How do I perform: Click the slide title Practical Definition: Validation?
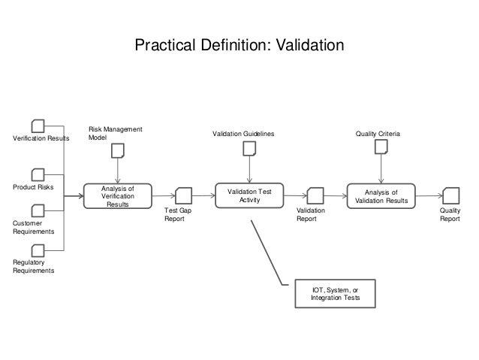[x=239, y=46]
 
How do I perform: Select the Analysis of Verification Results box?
[x=116, y=196]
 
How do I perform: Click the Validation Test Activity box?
[x=249, y=196]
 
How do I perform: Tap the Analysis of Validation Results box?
[x=381, y=196]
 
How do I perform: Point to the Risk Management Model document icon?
[x=118, y=150]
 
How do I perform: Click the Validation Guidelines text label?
[x=243, y=134]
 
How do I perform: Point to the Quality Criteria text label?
[x=378, y=134]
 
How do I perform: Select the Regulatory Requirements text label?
[x=34, y=266]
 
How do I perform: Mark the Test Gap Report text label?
[x=178, y=215]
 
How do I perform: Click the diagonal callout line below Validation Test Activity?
[x=268, y=252]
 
